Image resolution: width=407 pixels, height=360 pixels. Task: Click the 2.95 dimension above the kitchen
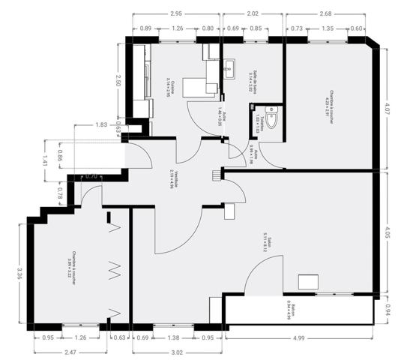point(176,13)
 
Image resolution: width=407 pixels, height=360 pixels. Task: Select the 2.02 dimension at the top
point(253,13)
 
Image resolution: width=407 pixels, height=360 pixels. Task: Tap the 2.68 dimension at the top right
point(325,13)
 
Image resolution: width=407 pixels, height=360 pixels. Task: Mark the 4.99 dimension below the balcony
point(299,338)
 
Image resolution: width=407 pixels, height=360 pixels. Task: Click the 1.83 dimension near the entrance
point(102,124)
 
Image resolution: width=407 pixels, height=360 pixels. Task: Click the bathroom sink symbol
point(229,65)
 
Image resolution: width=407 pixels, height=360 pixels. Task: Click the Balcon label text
point(291,309)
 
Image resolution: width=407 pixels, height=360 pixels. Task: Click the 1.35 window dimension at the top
point(327,28)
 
